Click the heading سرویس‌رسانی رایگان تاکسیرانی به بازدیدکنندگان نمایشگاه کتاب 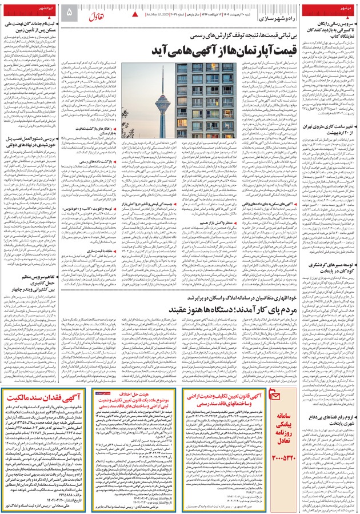point(326,27)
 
